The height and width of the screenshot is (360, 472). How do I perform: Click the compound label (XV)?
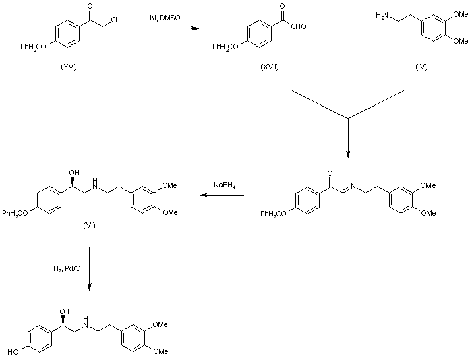[x=68, y=67]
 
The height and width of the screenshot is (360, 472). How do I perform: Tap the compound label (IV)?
[x=423, y=67]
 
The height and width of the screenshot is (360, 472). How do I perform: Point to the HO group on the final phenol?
[x=14, y=351]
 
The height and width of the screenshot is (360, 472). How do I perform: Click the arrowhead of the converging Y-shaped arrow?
[x=348, y=154]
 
